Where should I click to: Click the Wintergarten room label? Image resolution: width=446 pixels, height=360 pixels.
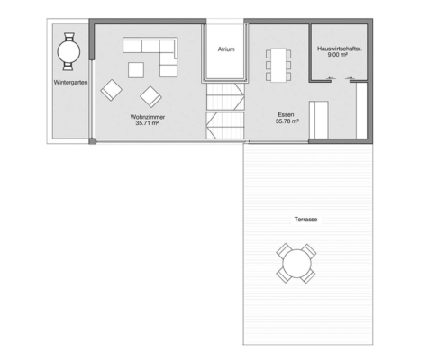[x=70, y=83]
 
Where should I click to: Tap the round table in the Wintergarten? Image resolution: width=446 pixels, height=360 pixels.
[x=68, y=51]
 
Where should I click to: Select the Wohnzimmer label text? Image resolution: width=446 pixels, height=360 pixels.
[x=148, y=117]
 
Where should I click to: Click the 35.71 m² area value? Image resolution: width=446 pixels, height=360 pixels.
[x=147, y=123]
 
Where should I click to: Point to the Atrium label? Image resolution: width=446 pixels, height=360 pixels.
[x=226, y=49]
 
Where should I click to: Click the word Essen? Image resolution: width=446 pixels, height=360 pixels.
[x=286, y=114]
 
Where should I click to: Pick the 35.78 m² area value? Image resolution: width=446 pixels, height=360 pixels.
[x=287, y=121]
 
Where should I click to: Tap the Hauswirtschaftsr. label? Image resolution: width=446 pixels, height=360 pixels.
[x=340, y=49]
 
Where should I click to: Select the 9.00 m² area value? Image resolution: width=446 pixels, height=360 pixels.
[x=338, y=55]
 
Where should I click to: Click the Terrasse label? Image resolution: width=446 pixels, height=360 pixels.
[x=305, y=220]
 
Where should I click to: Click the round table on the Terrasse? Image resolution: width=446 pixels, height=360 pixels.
[x=296, y=264]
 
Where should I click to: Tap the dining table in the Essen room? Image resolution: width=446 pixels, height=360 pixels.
[x=278, y=65]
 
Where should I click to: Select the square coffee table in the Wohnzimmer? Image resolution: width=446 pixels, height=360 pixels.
[x=136, y=70]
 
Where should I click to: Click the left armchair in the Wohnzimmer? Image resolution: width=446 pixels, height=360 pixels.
[x=111, y=90]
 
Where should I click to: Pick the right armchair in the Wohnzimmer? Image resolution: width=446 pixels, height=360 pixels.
[x=150, y=97]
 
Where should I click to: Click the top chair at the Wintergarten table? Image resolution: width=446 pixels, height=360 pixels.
[x=69, y=37]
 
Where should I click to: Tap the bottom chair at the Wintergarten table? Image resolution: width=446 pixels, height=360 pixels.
[x=68, y=67]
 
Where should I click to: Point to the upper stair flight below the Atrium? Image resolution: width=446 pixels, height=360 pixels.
[x=225, y=97]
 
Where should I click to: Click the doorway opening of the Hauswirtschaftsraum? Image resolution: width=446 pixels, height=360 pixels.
[x=341, y=81]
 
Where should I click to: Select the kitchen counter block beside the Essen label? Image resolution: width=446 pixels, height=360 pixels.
[x=319, y=120]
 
